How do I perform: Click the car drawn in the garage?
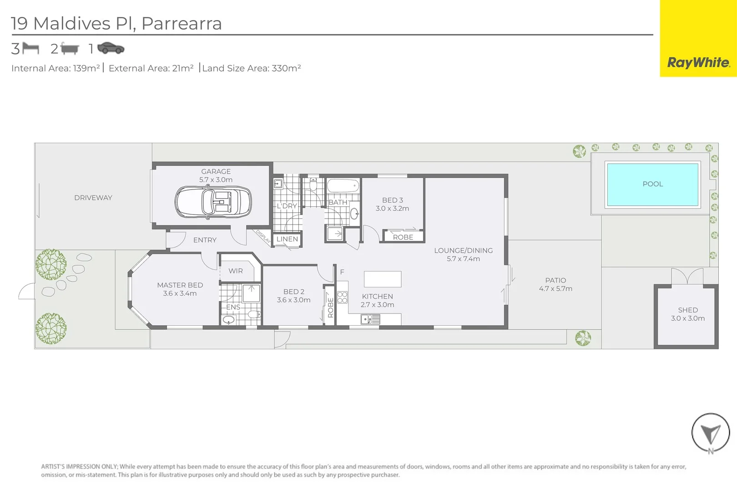point(213,202)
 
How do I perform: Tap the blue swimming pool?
point(652,184)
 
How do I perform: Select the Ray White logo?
point(698,62)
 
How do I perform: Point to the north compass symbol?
point(710,433)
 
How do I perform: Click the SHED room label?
point(687,310)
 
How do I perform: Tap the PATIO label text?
point(555,280)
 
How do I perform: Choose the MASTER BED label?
point(180,285)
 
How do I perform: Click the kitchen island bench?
point(383,279)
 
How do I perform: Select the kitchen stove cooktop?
point(343,297)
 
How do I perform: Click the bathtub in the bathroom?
point(343,186)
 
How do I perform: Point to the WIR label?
point(236,271)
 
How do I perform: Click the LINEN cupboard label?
point(287,239)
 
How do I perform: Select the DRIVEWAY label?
point(93,198)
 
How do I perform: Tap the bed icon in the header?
point(31,48)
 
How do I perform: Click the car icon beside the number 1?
point(111,48)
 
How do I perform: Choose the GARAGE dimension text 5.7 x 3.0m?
point(216,179)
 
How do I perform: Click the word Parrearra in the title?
point(182,23)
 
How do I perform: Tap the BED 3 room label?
point(392,200)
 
